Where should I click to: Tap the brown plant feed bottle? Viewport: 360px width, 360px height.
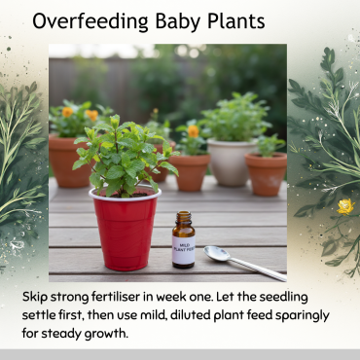183,242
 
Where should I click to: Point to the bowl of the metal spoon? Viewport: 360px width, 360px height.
217,253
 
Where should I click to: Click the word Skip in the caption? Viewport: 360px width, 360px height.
37,297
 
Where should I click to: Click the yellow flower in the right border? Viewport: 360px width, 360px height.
343,206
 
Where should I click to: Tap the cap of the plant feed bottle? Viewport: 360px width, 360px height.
183,219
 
